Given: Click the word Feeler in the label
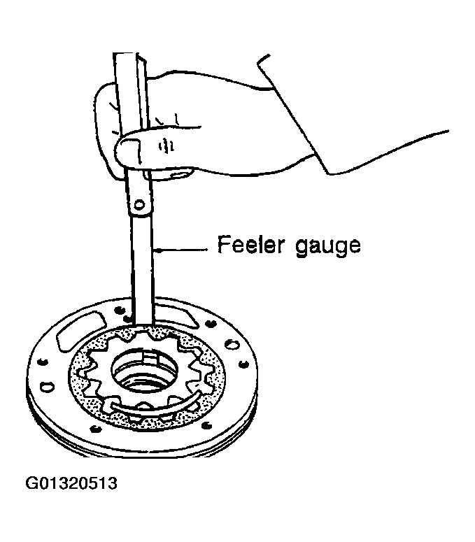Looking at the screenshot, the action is (250, 244).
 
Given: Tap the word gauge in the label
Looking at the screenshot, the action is (327, 246).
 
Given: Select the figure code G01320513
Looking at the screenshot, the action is (71, 483).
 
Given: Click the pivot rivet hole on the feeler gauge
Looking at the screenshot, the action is (139, 205).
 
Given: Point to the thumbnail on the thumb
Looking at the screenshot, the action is (129, 150).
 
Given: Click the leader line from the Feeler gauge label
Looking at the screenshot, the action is (180, 250).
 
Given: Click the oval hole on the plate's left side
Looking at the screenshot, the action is (47, 386).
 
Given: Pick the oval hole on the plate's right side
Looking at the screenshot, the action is (232, 343).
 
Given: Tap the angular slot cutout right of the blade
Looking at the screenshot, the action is (177, 315).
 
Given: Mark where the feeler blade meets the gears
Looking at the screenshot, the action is (143, 326).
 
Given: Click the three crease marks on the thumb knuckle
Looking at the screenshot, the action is (166, 146).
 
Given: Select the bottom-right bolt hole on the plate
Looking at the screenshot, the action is (206, 425).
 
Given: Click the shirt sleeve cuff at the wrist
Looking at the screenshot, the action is (294, 114).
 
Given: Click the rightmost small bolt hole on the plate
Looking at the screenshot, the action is (244, 364).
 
